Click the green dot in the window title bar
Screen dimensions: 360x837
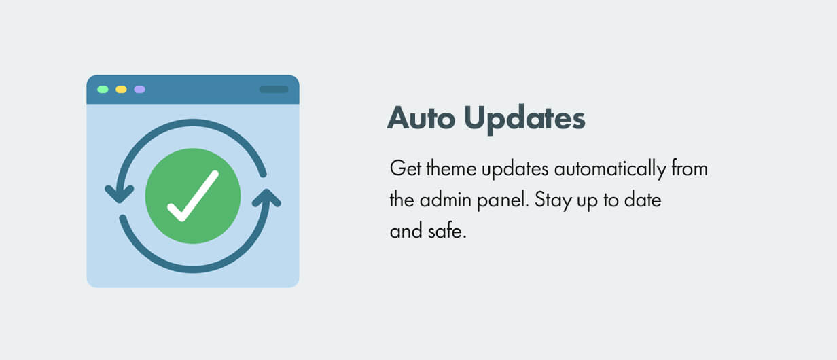point(103,89)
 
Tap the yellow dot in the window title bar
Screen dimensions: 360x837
point(121,89)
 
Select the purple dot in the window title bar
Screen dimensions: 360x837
point(139,89)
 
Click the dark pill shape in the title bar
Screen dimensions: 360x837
point(274,89)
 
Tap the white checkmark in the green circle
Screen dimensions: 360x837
point(193,196)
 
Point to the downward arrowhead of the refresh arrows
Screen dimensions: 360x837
point(120,194)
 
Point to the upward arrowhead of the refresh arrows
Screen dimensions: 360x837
point(266,198)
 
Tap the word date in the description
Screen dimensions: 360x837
point(646,200)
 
